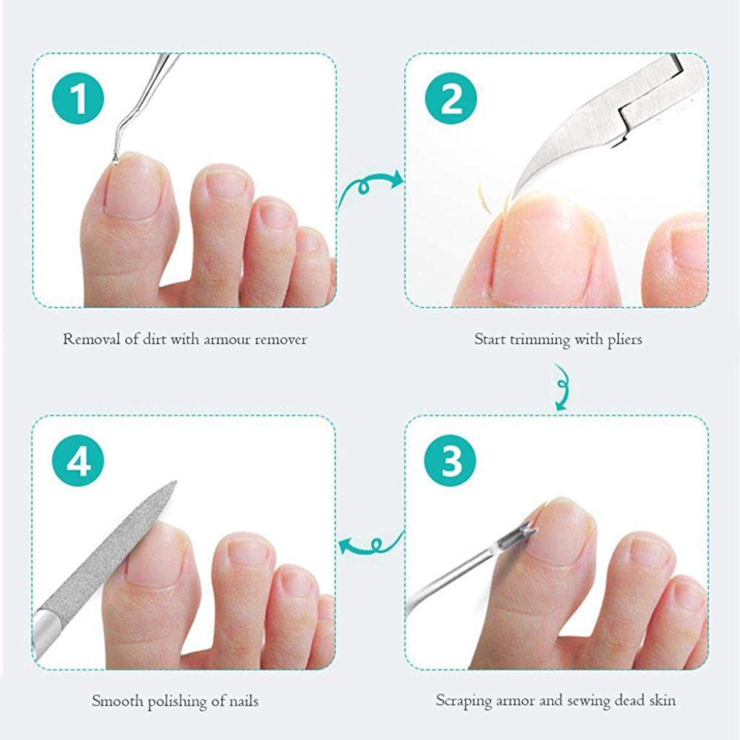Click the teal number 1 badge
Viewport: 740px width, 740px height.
78,98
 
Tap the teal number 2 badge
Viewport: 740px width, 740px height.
451,98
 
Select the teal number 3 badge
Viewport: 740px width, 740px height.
451,461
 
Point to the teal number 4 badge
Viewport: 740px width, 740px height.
78,461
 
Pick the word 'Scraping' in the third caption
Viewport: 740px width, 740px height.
462,700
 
